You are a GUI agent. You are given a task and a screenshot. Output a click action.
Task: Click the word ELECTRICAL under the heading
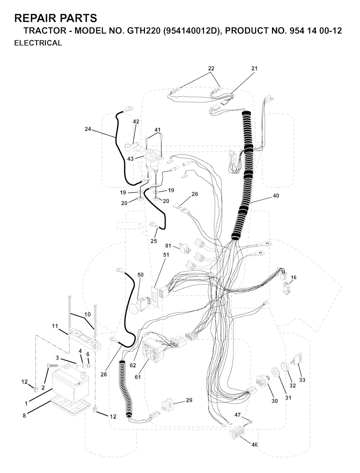point(38,43)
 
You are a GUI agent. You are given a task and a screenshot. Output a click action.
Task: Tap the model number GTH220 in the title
point(144,31)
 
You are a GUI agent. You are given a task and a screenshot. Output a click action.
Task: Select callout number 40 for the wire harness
point(276,196)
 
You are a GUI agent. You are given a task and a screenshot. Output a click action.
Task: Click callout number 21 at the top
point(255,68)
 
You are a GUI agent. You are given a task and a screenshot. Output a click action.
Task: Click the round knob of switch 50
point(135,309)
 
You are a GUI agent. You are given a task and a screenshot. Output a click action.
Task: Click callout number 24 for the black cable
point(88,129)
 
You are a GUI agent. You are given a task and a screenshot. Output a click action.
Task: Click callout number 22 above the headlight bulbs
point(211,68)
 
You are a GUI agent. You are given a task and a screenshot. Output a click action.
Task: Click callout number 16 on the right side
point(294,277)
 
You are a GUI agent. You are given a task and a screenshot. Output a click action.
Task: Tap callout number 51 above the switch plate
point(166,255)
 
